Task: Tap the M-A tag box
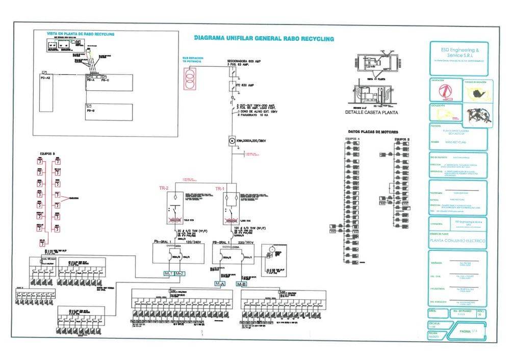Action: click(220, 284)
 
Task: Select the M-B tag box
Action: click(242, 284)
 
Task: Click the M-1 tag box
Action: click(169, 274)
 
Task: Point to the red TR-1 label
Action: click(220, 189)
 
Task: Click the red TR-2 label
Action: click(164, 189)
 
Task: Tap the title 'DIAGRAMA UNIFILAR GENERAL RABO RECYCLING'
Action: click(264, 38)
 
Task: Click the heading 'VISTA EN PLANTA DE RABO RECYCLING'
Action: click(81, 34)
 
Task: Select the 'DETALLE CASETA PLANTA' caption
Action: click(371, 112)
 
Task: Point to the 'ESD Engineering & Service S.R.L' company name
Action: click(459, 53)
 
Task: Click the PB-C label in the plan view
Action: click(106, 80)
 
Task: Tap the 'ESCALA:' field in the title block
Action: click(435, 323)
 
